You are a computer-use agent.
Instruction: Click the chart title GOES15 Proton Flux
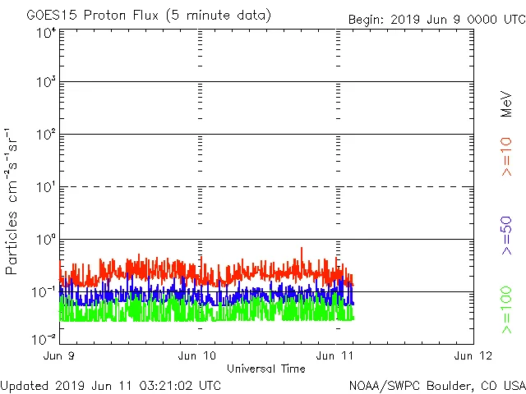[149, 16]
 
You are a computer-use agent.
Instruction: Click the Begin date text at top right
[436, 19]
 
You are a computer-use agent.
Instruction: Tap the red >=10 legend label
[506, 157]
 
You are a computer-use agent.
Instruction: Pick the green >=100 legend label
[506, 309]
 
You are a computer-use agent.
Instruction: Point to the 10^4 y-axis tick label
[46, 33]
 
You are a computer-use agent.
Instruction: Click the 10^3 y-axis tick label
[46, 82]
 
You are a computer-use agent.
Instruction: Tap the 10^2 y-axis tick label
[46, 135]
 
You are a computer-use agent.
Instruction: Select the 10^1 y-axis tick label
[46, 187]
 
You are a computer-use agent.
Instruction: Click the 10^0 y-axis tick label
[46, 240]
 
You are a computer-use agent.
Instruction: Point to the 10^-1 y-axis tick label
[44, 292]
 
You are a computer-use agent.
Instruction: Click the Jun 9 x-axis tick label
[60, 355]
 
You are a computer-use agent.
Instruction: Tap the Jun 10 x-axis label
[198, 355]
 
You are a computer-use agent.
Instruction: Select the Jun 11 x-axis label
[336, 355]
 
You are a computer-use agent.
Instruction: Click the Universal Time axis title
[266, 369]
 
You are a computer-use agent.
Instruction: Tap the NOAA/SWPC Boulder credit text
[436, 385]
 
